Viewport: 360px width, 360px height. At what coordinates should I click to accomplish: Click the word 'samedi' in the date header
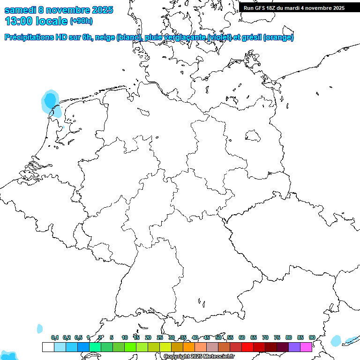coord(19,10)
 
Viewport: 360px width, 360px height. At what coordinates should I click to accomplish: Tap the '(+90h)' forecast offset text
coord(81,21)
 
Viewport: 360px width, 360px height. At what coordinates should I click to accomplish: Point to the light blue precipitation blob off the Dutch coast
coord(49,101)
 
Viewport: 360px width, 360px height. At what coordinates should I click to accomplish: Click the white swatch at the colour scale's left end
coord(48,347)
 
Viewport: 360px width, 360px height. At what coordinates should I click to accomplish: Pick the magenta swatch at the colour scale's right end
coord(306,347)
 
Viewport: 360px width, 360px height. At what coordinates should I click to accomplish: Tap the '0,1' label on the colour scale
coord(55,337)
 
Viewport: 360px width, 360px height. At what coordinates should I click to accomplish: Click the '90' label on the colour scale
coord(312,337)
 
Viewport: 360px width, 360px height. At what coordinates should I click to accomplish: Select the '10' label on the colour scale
coord(125,337)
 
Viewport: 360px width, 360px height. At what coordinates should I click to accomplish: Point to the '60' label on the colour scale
coord(242,337)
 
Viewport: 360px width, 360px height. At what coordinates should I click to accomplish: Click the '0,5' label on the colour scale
coord(78,337)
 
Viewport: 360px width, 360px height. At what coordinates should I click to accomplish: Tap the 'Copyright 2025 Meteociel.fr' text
coord(199,357)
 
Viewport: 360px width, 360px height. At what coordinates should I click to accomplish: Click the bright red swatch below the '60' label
coord(247,347)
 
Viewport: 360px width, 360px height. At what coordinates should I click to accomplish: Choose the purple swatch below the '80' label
coord(294,347)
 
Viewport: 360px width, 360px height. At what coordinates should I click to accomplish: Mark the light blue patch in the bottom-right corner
coord(336,341)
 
